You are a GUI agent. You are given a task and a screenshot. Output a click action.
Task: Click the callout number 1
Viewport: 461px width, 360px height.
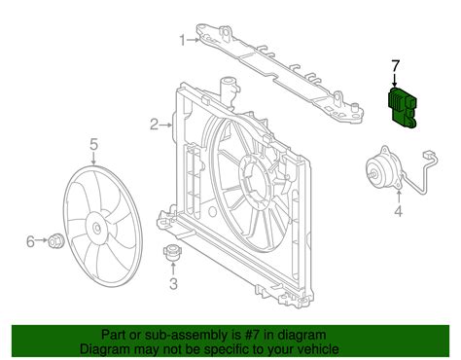[x=184, y=41]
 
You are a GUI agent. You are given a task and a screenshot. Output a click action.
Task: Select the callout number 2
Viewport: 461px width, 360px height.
[x=154, y=125]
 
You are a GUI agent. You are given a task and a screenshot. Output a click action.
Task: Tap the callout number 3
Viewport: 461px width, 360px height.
[x=174, y=284]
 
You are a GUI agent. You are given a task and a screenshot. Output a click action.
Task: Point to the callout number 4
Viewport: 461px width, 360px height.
[x=399, y=211]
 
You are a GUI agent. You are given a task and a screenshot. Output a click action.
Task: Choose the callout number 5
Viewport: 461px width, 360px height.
[x=93, y=144]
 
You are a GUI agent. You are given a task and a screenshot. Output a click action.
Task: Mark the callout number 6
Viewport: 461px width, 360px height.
[x=30, y=241]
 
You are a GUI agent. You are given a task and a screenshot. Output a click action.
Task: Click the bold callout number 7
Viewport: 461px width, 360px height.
[x=395, y=65]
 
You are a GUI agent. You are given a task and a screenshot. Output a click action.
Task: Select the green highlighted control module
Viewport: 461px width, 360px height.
[x=403, y=109]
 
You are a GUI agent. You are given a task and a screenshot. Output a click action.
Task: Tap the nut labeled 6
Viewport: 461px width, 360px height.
[x=55, y=241]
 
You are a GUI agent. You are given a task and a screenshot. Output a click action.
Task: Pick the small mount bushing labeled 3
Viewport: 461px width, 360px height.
[x=172, y=253]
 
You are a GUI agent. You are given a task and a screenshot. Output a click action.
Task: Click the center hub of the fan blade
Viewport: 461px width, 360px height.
[x=97, y=228]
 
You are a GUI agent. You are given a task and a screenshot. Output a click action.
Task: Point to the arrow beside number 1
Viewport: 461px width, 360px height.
[x=194, y=40]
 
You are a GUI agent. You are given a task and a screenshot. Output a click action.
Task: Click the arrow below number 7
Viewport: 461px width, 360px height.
[x=395, y=80]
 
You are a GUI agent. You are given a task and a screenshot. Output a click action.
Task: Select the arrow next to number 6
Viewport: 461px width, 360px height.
[x=41, y=240]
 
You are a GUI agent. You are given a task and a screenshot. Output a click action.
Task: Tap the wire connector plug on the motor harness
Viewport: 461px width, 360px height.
[x=429, y=154]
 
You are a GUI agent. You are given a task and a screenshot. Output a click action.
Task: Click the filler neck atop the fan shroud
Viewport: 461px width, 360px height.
[x=228, y=87]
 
